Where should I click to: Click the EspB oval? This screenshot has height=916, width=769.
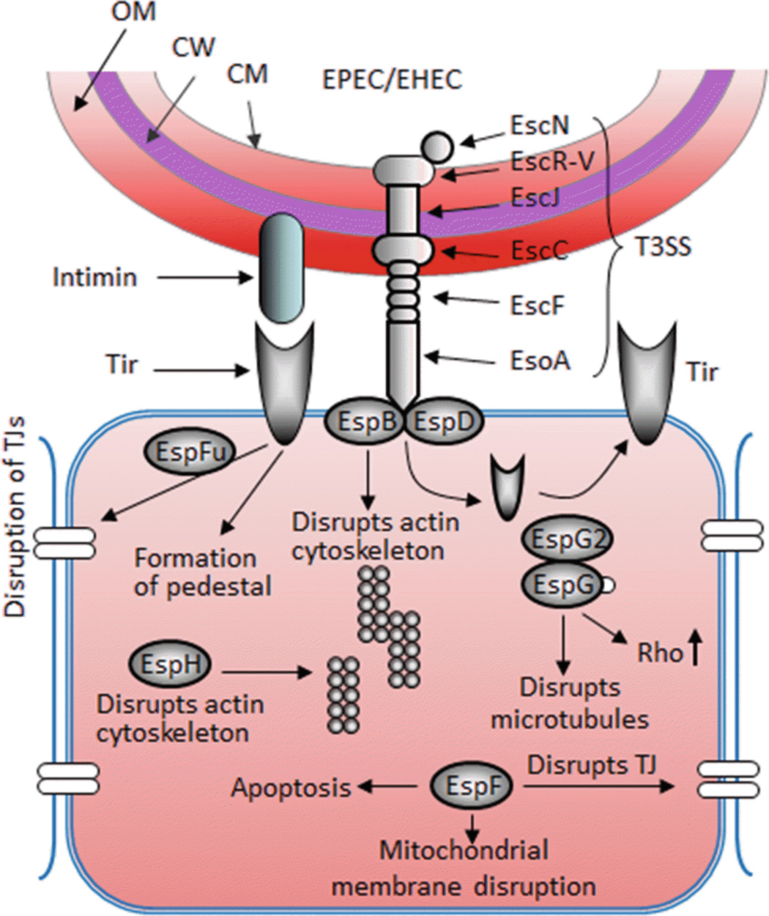364,421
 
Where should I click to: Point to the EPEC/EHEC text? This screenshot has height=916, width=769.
393,79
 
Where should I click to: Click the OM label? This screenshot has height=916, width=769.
131,12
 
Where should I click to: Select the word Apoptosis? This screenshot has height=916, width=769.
291,788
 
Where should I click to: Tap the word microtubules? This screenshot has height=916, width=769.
569,719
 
